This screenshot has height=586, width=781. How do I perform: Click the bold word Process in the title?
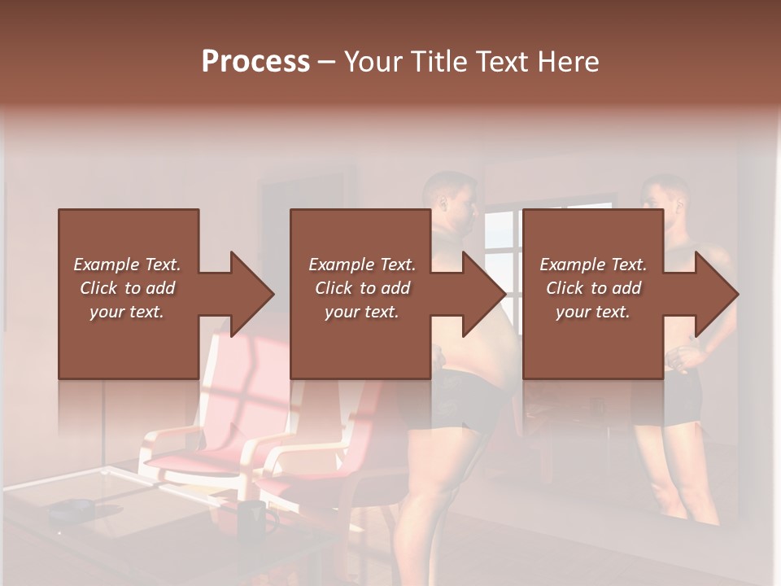click(x=255, y=62)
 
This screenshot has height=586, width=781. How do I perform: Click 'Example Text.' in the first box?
click(x=127, y=265)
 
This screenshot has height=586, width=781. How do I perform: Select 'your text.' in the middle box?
click(x=361, y=312)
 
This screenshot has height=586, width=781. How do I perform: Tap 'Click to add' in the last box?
click(x=593, y=288)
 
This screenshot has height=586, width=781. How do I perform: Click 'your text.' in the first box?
click(x=127, y=312)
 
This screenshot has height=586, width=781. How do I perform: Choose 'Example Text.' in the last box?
click(x=593, y=265)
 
